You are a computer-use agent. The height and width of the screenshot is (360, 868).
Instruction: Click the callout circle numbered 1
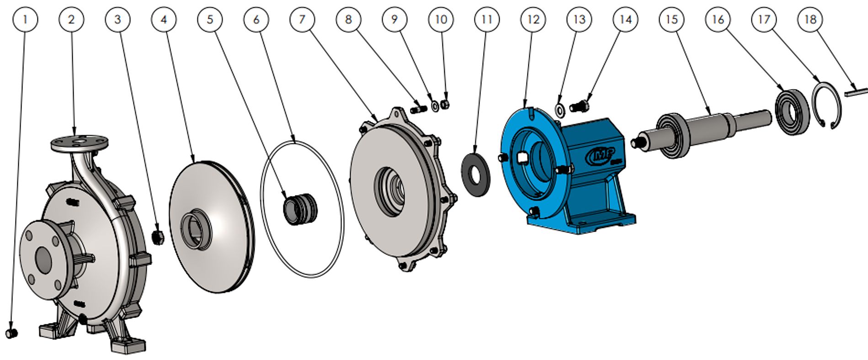tap(25, 19)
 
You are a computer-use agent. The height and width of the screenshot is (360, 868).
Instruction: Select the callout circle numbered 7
tap(302, 19)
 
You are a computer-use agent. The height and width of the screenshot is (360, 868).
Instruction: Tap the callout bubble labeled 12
tap(533, 19)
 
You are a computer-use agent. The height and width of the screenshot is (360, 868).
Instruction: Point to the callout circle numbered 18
tap(810, 19)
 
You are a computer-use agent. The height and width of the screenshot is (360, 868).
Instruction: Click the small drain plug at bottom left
tap(11, 333)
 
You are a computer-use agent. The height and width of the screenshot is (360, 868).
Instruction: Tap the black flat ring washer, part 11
tap(476, 175)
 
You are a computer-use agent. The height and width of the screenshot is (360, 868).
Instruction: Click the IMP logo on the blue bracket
tap(600, 155)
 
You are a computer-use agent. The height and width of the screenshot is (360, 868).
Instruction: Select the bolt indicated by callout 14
tap(580, 106)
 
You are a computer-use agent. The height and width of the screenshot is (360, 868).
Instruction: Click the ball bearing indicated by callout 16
tap(792, 113)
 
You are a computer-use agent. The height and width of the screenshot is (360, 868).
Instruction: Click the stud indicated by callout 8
tap(418, 110)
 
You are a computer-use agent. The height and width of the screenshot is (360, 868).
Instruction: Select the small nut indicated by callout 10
tap(445, 105)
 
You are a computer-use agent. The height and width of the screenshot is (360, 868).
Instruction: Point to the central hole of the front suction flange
tap(43, 260)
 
